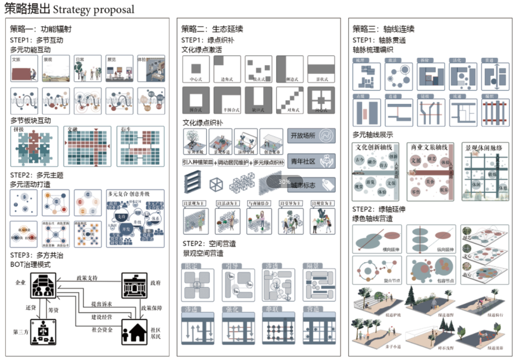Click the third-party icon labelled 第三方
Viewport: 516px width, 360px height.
point(44,332)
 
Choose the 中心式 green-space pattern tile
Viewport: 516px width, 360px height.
point(196,69)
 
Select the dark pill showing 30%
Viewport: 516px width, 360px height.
point(285,182)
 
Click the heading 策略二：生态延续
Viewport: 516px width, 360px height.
point(212,29)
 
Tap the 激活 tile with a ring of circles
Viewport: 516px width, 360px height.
point(399,77)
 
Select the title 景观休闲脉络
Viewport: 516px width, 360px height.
point(483,148)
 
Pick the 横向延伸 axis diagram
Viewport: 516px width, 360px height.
point(376,240)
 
